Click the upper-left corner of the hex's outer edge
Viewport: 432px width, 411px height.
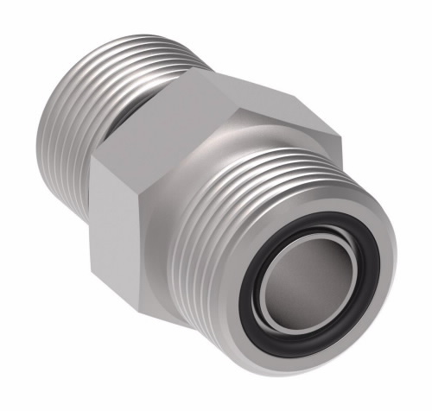[x=95, y=160]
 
